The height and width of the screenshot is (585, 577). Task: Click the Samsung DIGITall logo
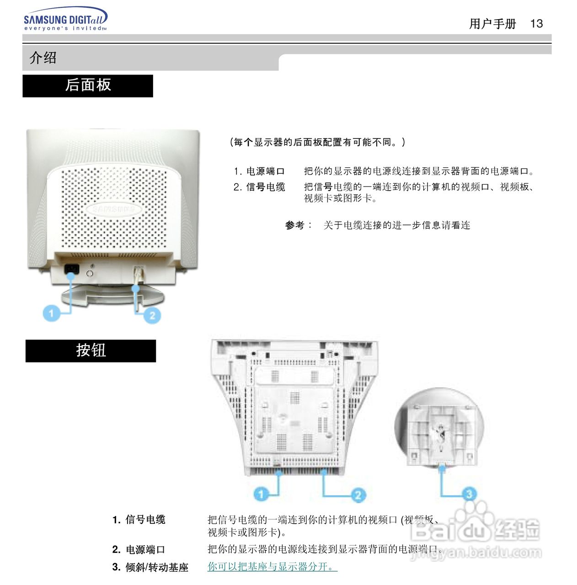(65, 20)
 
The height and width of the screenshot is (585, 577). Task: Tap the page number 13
(536, 24)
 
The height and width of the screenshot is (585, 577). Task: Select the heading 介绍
(43, 58)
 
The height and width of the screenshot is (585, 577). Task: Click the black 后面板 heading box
(88, 86)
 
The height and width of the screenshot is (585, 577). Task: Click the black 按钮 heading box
(91, 351)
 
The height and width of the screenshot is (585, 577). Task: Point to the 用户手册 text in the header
(492, 24)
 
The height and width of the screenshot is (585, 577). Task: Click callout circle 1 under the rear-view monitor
(51, 313)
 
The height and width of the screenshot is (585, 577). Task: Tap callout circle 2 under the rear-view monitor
(152, 315)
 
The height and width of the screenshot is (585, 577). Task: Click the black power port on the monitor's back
(72, 269)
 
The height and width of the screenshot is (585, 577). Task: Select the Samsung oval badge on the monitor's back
(113, 209)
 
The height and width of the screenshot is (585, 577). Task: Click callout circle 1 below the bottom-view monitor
(261, 494)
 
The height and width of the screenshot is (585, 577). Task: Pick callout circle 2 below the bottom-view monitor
(358, 495)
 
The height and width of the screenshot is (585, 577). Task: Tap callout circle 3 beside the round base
(469, 494)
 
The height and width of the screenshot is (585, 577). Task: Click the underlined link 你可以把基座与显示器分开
(272, 567)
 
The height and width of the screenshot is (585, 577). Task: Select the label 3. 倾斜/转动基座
(150, 567)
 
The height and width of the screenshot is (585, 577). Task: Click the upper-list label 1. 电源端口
(259, 171)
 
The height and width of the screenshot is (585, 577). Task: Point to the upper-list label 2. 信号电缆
(259, 187)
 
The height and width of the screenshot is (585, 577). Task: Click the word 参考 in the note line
(295, 225)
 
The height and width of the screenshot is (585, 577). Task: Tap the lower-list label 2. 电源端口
(139, 549)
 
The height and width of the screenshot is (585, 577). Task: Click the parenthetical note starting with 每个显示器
(318, 142)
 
